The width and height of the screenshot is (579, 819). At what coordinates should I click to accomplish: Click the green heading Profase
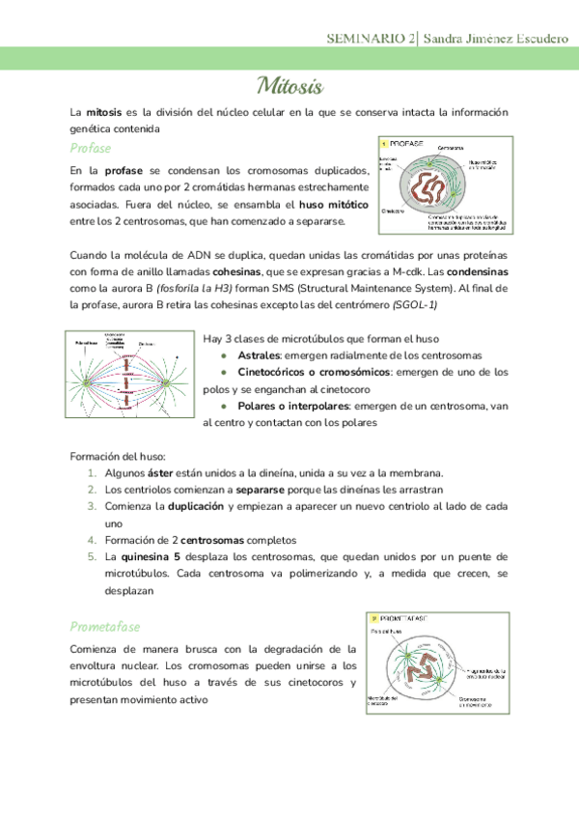click(92, 148)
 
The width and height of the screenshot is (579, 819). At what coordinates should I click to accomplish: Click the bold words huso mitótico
click(335, 206)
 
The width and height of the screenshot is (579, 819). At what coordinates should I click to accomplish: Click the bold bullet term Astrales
click(259, 355)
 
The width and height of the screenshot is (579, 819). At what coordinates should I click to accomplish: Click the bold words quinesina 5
click(152, 557)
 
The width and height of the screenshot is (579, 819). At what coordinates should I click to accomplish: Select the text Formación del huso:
click(118, 455)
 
